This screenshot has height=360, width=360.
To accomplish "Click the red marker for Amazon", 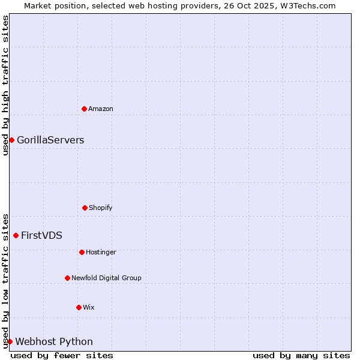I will click(x=84, y=109).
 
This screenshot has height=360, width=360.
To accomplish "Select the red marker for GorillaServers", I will click(x=11, y=140).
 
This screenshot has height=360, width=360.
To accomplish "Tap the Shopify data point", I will click(x=85, y=208).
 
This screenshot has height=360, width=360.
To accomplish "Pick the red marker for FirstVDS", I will click(x=16, y=235).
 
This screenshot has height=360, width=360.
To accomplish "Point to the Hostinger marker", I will click(x=82, y=252).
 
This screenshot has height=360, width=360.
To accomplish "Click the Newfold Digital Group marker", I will click(x=67, y=278).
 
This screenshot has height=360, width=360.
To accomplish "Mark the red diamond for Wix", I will click(x=79, y=307).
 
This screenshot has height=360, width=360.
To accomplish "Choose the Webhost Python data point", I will click(x=10, y=341).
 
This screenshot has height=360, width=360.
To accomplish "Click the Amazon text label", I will click(x=101, y=109).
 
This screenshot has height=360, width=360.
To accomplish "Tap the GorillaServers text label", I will click(x=50, y=140).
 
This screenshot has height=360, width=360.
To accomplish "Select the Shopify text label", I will click(x=101, y=208).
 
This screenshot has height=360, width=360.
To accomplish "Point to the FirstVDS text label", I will click(x=41, y=235).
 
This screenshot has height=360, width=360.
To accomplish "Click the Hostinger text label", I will click(x=101, y=252).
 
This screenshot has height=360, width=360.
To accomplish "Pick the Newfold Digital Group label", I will click(x=106, y=278).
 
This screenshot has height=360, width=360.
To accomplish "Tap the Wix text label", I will click(x=89, y=307).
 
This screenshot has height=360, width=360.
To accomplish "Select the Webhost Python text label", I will click(x=54, y=341).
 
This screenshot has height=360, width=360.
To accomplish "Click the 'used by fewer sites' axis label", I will click(x=62, y=355).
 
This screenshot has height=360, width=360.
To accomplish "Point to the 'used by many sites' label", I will click(x=301, y=355).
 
